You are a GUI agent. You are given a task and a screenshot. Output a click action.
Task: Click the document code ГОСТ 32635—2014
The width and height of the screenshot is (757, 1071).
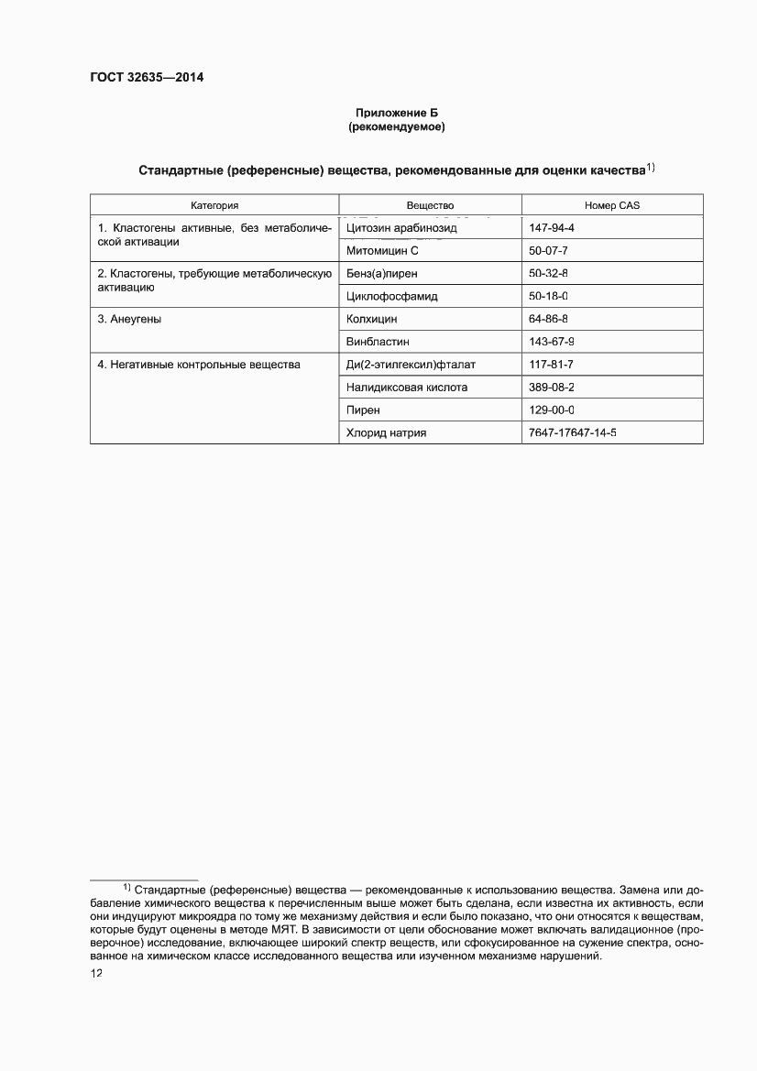(147, 78)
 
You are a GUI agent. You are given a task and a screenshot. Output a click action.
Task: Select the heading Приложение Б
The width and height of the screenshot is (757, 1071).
(396, 113)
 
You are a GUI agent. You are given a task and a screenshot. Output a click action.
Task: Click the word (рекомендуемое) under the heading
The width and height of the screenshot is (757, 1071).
(396, 127)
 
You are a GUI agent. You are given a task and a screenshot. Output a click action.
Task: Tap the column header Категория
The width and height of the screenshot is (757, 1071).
(214, 205)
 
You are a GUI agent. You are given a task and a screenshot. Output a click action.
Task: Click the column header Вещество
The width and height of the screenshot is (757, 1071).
(430, 205)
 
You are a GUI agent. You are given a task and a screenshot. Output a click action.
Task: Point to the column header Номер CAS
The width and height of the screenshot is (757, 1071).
(611, 205)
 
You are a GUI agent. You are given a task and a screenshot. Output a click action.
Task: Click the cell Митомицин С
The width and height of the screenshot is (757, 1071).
(382, 250)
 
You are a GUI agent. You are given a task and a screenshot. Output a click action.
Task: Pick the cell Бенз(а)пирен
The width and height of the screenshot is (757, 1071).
(382, 273)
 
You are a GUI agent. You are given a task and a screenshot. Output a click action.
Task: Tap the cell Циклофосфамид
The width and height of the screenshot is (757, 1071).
(392, 296)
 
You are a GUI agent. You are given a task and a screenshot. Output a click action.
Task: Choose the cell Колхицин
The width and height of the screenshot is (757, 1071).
(372, 319)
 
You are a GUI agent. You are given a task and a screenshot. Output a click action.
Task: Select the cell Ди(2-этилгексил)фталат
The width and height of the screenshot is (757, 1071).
(411, 365)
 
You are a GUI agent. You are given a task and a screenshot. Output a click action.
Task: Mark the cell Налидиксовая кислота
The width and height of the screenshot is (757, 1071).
(407, 388)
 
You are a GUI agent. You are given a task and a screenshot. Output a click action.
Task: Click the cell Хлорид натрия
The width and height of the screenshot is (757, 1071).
(386, 433)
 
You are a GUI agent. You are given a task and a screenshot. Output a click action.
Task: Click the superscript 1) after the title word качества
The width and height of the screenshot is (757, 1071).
(650, 168)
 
